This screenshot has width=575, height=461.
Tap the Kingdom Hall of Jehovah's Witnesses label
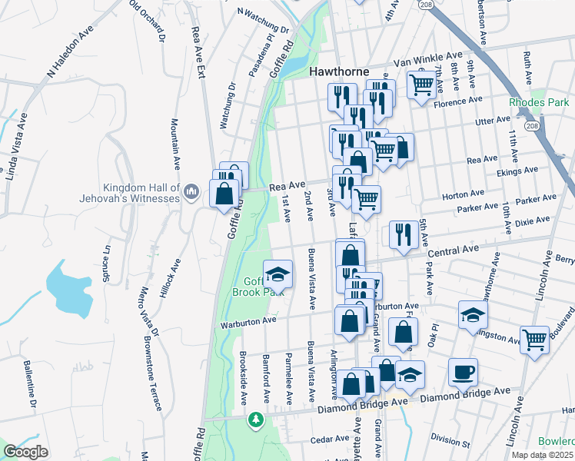[143, 193]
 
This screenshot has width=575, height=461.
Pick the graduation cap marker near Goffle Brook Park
[278, 274]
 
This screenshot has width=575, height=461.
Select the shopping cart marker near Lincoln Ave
[534, 338]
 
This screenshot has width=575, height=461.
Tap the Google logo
[25, 451]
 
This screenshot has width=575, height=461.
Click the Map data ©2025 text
[543, 455]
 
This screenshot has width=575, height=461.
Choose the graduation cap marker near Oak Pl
[473, 314]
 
